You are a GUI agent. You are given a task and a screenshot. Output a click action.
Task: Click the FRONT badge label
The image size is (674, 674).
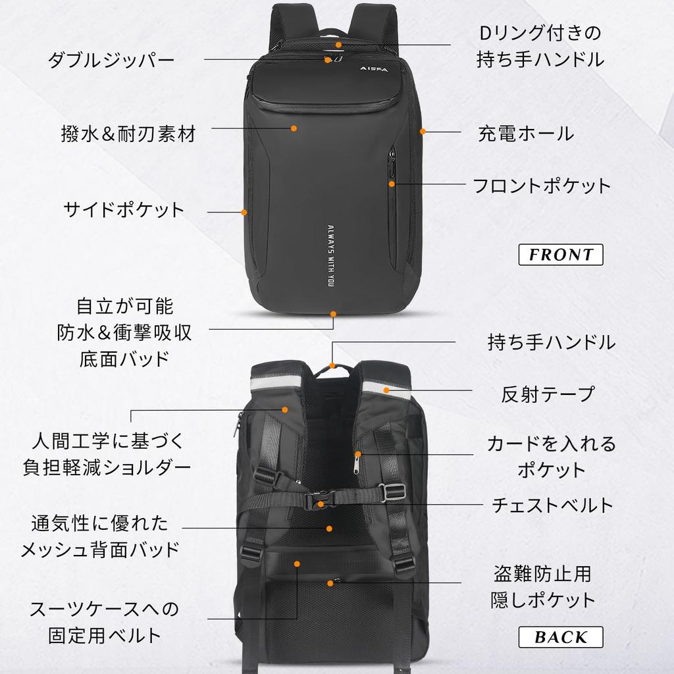click(561, 254)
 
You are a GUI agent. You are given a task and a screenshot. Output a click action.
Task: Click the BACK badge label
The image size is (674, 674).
click(561, 636)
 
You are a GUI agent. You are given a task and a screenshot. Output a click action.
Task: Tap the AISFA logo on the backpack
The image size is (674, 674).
click(375, 68)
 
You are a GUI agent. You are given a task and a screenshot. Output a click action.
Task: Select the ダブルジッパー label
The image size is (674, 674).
click(111, 61)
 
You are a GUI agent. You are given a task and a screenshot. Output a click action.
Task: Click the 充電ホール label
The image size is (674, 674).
click(525, 134)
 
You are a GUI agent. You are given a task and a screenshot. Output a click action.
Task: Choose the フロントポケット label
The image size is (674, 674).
click(542, 185)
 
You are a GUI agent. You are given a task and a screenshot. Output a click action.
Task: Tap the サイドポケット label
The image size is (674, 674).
click(124, 210)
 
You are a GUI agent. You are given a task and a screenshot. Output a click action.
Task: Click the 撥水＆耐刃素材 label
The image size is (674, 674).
click(128, 134)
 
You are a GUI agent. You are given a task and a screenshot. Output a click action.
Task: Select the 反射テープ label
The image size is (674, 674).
click(548, 394)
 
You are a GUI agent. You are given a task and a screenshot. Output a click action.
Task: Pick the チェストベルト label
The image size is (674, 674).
click(552, 505)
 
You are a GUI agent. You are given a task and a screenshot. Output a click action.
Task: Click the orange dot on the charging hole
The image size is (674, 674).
click(423, 132)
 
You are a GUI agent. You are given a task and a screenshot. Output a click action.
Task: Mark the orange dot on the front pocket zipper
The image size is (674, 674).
click(392, 184)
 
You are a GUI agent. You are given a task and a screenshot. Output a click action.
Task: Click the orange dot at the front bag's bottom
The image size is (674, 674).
click(333, 314)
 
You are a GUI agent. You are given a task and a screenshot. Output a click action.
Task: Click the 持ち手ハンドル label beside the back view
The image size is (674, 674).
click(551, 342)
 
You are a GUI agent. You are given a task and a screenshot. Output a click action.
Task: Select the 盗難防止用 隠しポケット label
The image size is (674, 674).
click(542, 587)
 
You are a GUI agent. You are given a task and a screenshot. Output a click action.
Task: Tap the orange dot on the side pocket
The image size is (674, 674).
click(244, 212)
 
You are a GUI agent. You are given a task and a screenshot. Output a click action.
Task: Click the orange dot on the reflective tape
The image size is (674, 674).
click(387, 390)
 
